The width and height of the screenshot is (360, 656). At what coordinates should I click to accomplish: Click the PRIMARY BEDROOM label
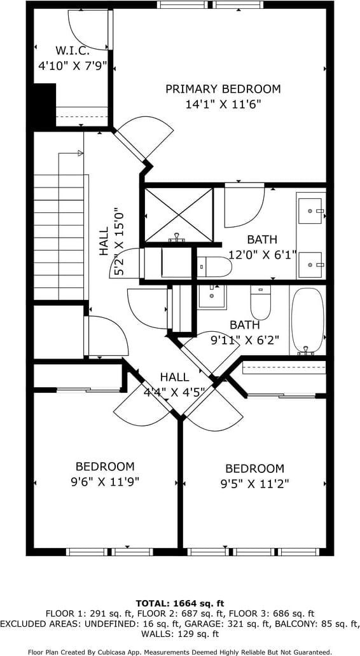coord(223,89)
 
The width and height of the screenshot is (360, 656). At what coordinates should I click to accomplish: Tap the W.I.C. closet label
coord(73,51)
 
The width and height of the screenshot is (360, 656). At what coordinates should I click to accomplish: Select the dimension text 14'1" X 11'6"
coord(223,104)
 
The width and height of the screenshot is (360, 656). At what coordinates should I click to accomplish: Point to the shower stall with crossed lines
coord(179,215)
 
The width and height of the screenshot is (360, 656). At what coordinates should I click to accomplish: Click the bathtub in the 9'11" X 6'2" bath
coord(308,321)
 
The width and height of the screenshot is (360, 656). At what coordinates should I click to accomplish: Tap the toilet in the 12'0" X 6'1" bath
coord(214,266)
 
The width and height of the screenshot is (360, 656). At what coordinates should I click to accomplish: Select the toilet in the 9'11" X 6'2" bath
coord(260,302)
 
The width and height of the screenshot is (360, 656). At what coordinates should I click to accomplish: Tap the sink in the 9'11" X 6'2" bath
coord(212,297)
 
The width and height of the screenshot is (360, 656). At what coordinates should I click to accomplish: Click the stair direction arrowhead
coord(81,153)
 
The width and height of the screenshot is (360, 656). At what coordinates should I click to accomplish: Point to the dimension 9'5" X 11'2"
coord(255,484)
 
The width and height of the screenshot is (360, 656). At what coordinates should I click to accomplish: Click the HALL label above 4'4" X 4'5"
coord(175,377)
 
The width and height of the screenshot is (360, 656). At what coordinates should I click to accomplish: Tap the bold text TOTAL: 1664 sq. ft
coord(180,603)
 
